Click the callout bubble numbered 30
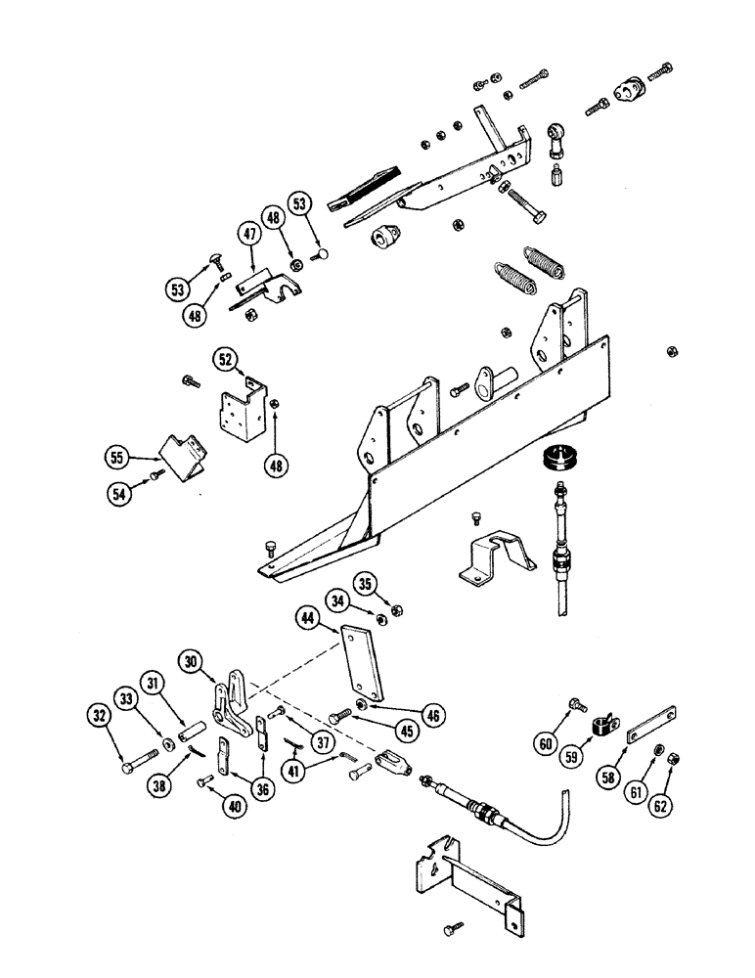click(192, 662)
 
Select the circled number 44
click(308, 617)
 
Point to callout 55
click(117, 455)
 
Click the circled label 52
click(226, 361)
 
